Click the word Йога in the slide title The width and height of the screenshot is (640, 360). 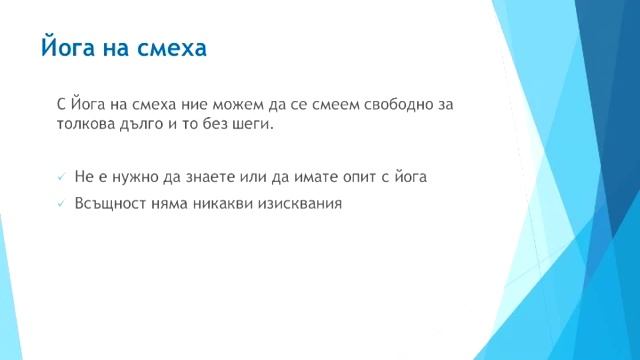coord(68,48)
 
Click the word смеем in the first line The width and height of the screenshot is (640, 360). coord(344,104)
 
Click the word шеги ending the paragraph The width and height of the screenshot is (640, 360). coord(251,126)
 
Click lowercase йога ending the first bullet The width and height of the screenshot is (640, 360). coord(409,178)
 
